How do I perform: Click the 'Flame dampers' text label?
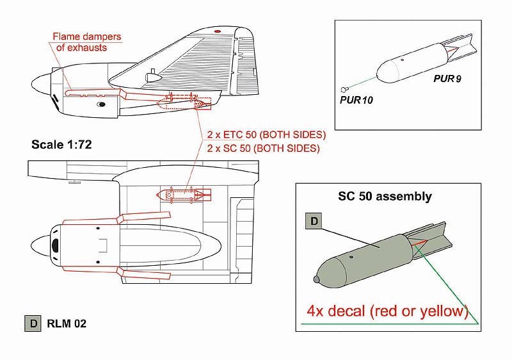pos(87,37)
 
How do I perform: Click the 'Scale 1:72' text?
pos(61,144)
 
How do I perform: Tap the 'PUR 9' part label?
pos(447,79)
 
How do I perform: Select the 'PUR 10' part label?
pos(356,100)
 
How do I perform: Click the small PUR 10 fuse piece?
pos(343,89)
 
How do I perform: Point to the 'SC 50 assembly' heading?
pos(385,196)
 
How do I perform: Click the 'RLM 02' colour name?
pos(67,323)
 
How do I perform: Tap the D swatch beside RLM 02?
pos(33,323)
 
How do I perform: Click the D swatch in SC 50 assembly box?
pos(314,221)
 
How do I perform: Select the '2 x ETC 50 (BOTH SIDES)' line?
pos(266,135)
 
